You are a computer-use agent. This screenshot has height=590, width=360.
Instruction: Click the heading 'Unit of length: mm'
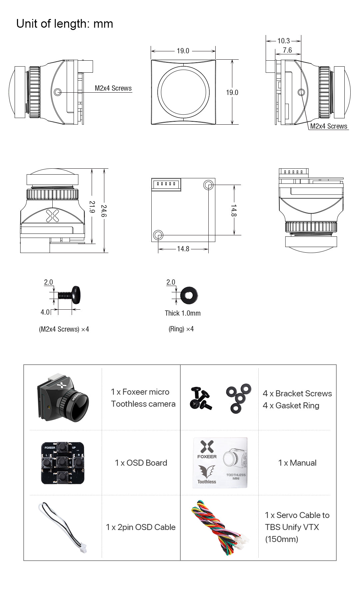pyautogui.click(x=65, y=24)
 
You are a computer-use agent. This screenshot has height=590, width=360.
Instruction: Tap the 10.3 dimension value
pyautogui.click(x=284, y=41)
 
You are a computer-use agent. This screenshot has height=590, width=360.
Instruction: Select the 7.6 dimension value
pyautogui.click(x=287, y=50)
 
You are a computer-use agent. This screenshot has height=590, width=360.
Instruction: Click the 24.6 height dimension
pyautogui.click(x=104, y=211)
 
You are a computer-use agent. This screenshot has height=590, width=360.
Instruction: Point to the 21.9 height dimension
pyautogui.click(x=92, y=207)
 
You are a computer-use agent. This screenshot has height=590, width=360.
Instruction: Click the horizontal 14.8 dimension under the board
pyautogui.click(x=183, y=249)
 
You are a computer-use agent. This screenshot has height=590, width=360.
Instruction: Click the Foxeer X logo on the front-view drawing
pyautogui.click(x=52, y=216)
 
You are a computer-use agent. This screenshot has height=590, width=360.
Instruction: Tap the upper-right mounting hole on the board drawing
pyautogui.click(x=208, y=185)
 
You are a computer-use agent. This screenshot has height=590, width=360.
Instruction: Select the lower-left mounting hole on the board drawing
pyautogui.click(x=158, y=235)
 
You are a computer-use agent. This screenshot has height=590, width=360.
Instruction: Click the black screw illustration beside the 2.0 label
pyautogui.click(x=70, y=295)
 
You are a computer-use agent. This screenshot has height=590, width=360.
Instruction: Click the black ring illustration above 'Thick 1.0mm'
pyautogui.click(x=189, y=295)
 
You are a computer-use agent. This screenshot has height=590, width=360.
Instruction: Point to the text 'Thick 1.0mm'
pyautogui.click(x=183, y=313)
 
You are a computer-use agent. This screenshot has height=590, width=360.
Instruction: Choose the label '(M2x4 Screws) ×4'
pyautogui.click(x=64, y=329)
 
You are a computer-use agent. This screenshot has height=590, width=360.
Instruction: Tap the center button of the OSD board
pyautogui.click(x=62, y=463)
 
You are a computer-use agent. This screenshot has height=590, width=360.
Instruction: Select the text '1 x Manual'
pyautogui.click(x=297, y=463)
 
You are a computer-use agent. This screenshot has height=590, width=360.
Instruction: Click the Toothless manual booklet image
pyautogui.click(x=220, y=463)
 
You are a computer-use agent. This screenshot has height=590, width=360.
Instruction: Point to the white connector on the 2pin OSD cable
pyautogui.click(x=84, y=548)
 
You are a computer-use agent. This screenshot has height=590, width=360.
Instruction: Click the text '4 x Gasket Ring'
pyautogui.click(x=291, y=406)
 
